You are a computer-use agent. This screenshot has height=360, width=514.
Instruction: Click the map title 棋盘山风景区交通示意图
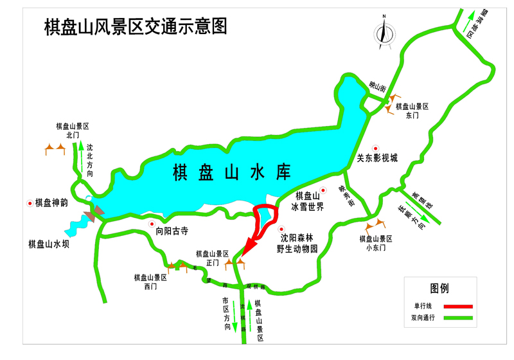point(136,26)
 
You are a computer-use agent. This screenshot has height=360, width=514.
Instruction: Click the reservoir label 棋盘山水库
point(232,172)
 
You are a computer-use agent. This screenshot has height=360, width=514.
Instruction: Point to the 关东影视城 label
point(378,157)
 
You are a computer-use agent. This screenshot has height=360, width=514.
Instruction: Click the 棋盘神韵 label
point(56,203)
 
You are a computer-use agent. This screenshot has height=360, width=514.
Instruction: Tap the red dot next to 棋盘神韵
point(30,203)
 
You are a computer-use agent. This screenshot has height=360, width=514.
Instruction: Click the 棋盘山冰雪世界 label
point(307,201)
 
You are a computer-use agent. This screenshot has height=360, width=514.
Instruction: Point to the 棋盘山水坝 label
point(49,244)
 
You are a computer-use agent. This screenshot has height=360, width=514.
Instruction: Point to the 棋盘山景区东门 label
point(412,111)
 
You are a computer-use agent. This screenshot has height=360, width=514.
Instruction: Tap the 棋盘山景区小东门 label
point(376,242)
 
